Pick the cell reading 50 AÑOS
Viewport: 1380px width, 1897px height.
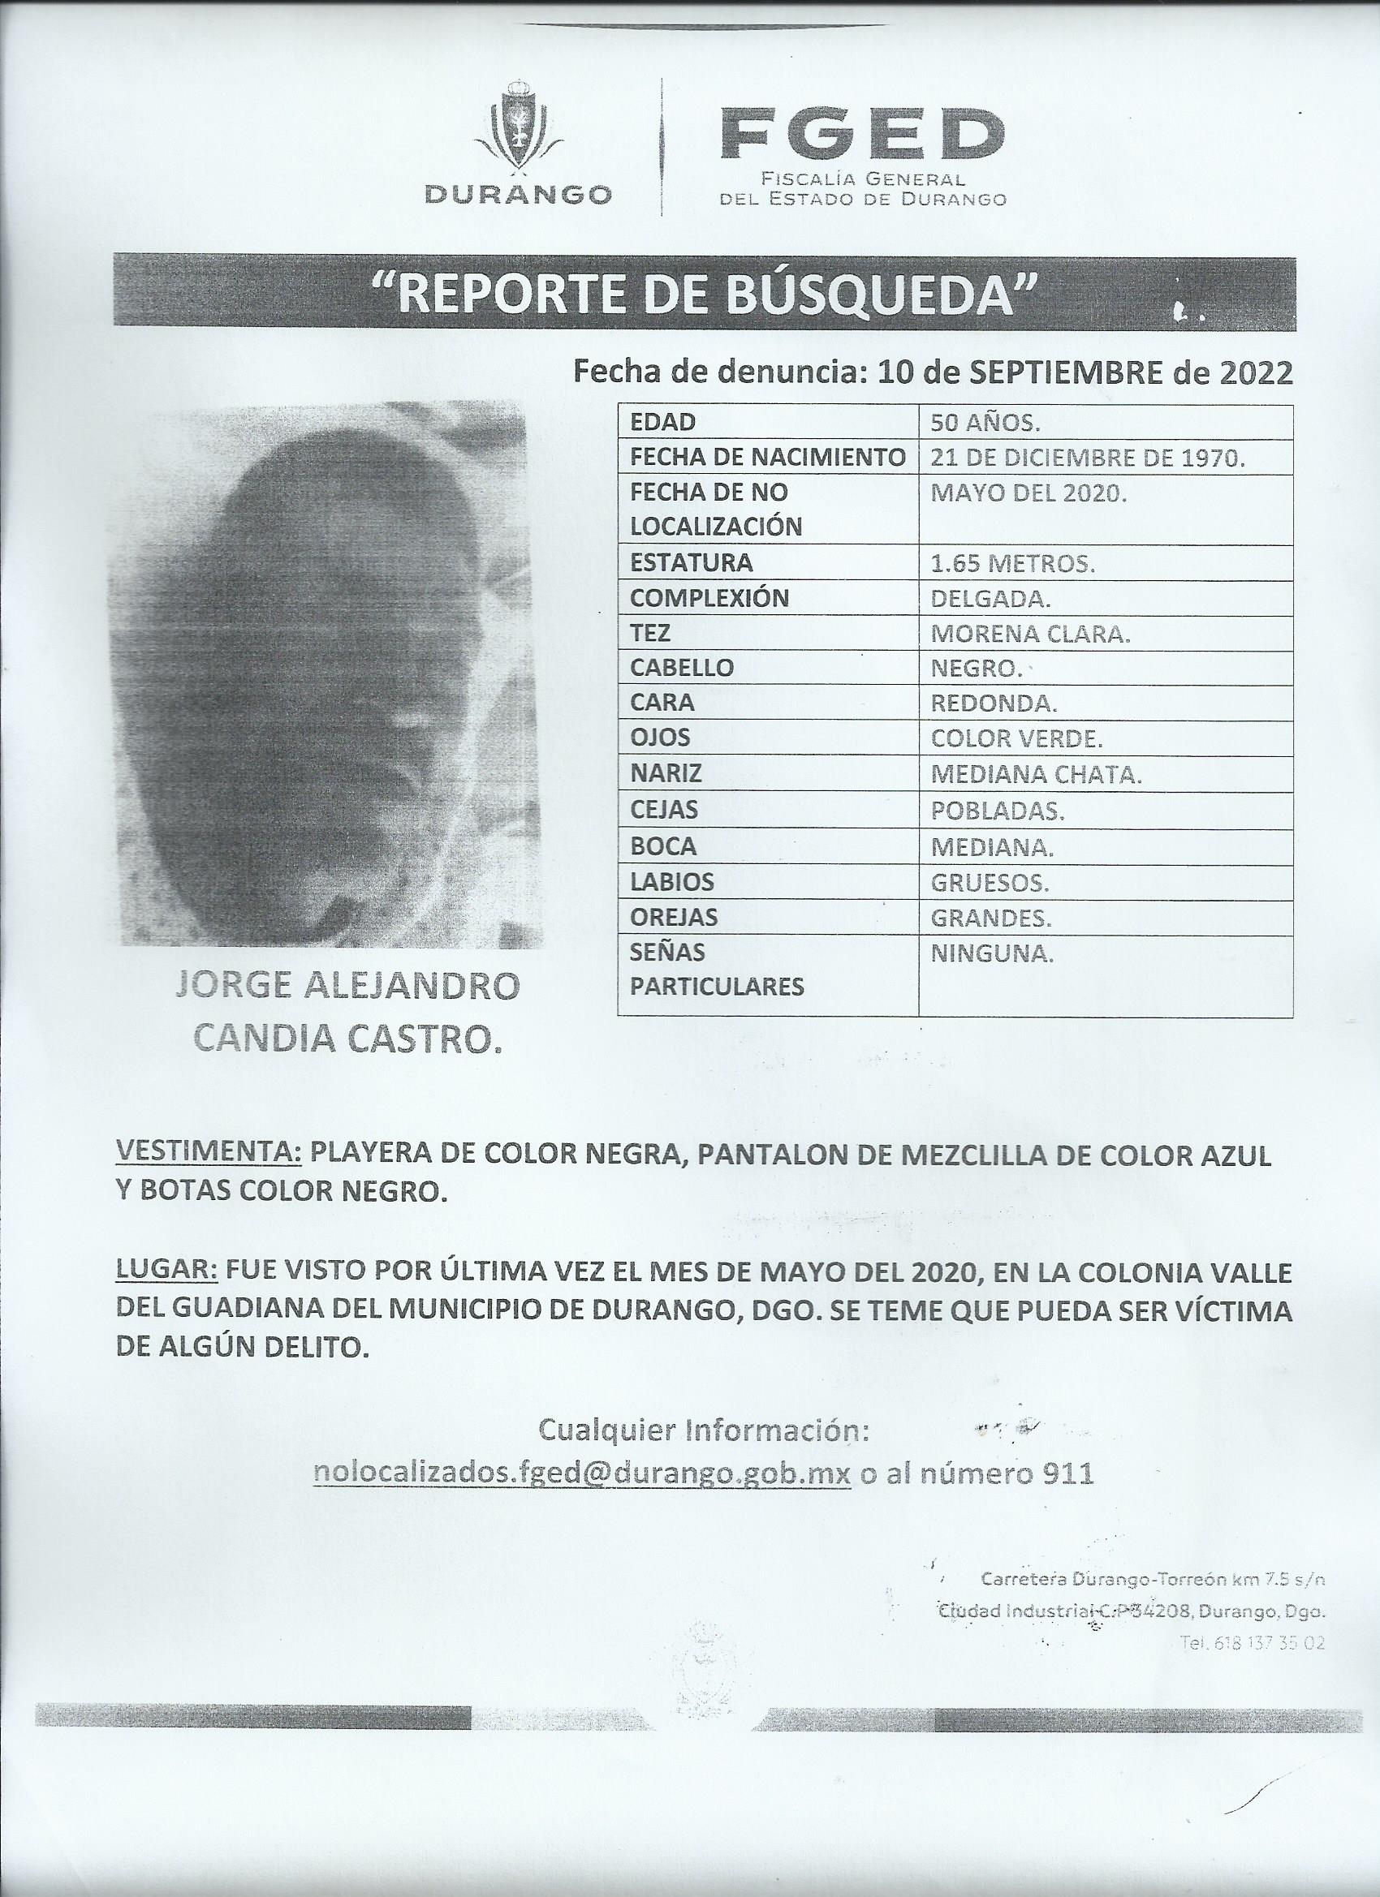985,424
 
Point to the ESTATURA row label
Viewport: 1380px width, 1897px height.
679,563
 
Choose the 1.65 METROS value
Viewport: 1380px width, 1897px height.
1012,564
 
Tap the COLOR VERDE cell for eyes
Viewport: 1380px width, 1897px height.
1016,738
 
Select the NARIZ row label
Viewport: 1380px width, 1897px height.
666,775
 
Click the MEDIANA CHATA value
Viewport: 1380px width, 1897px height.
1035,775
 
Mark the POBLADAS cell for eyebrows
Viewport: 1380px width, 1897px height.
998,811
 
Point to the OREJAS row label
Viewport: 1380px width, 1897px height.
674,918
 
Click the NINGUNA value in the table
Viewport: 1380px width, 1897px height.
992,953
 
